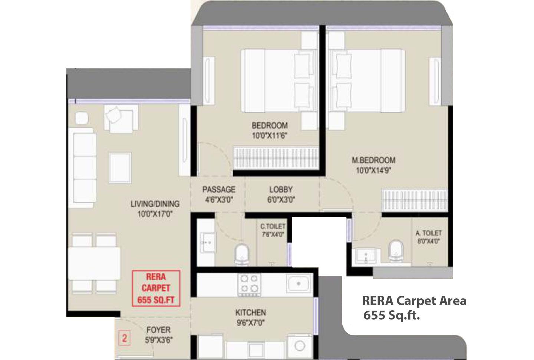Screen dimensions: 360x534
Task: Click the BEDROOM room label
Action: point(270,125)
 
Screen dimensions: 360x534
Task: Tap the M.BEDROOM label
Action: point(373,160)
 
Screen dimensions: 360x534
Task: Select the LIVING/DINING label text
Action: point(155,204)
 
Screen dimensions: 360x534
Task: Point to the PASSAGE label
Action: point(219,190)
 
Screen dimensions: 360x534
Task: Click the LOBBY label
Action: point(281,190)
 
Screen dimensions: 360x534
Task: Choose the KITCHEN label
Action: point(251,312)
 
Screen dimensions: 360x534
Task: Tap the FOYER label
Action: point(158,330)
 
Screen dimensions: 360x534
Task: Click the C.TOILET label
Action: point(273,226)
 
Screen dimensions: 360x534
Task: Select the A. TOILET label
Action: point(429,233)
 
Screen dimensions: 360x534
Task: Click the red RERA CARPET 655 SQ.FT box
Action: point(156,288)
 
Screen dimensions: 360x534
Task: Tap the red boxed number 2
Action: point(125,338)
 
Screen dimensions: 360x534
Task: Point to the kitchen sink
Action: point(299,284)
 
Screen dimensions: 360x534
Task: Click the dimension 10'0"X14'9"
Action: point(373,171)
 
